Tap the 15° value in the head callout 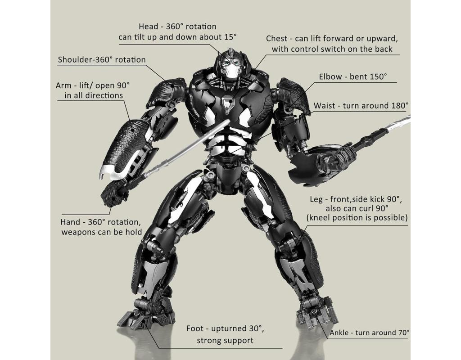click(229, 37)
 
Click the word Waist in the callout click(324, 105)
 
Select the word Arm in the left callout click(63, 85)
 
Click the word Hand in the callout click(71, 222)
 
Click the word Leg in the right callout click(316, 199)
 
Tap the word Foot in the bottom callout click(195, 328)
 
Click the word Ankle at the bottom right click(339, 333)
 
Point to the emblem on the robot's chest click(227, 105)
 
